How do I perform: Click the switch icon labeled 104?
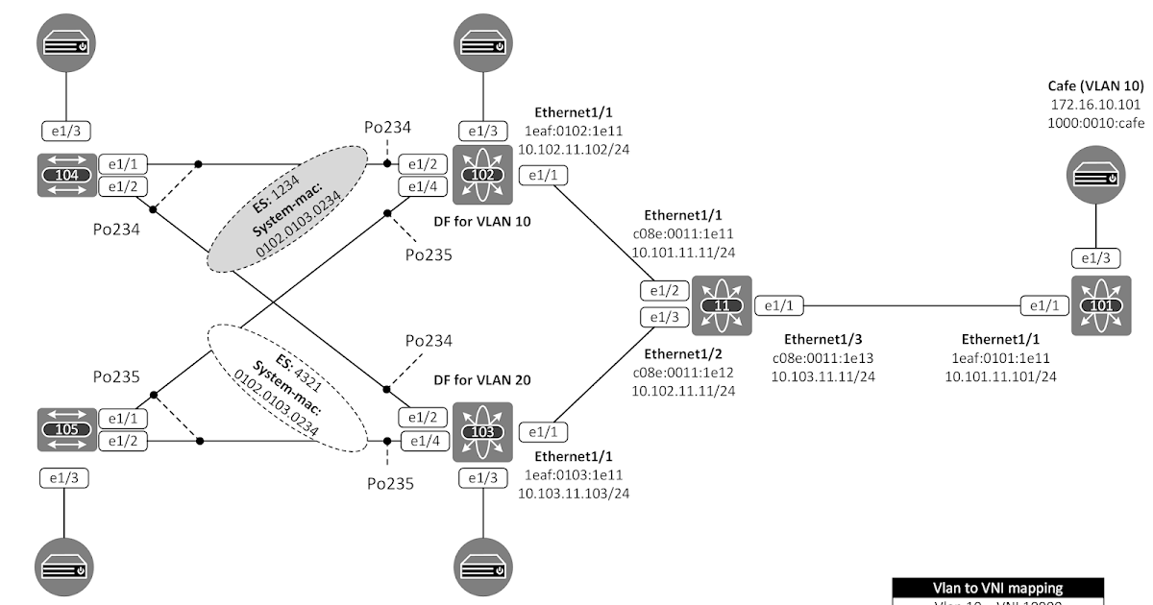tap(66, 175)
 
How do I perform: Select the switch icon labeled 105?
tap(66, 429)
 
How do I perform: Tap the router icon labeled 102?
tap(483, 175)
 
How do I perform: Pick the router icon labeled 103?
tap(483, 429)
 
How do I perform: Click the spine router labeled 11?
tap(721, 305)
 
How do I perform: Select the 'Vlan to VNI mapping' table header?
tap(998, 588)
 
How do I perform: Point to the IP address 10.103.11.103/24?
tap(574, 493)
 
